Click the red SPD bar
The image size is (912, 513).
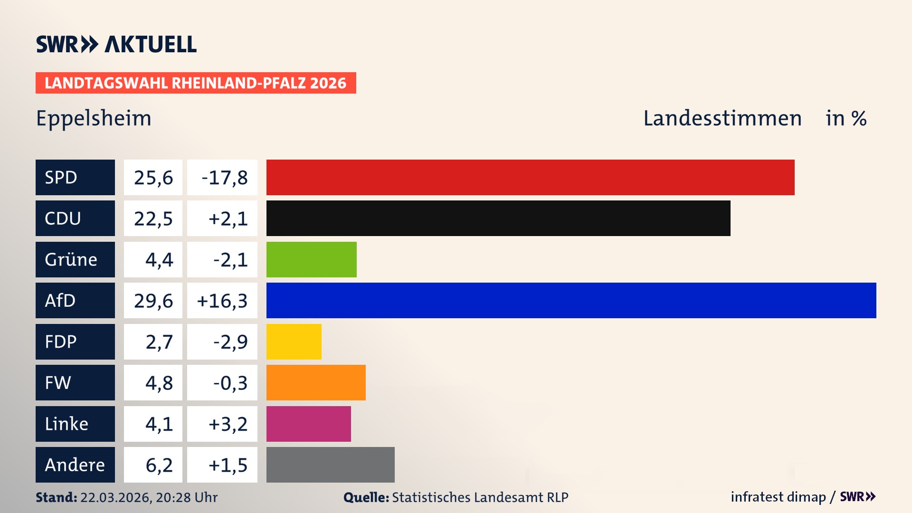coord(530,177)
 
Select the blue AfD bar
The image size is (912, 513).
coord(571,300)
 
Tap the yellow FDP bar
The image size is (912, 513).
coord(294,342)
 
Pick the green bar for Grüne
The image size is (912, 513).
coord(311,259)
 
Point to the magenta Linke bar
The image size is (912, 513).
coord(308,424)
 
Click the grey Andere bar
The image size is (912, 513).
coord(330,465)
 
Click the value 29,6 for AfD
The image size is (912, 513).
coord(153,301)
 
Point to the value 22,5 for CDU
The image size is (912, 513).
coord(153,218)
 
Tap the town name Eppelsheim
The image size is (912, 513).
coord(94,118)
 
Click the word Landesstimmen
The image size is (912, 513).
coord(722,118)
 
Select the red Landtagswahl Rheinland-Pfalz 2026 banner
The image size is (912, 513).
coord(196,83)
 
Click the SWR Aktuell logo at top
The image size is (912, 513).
coord(116,44)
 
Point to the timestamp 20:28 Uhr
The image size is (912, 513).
coord(186,497)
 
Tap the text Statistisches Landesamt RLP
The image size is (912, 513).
coord(480,497)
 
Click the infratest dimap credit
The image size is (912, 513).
coord(778,497)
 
